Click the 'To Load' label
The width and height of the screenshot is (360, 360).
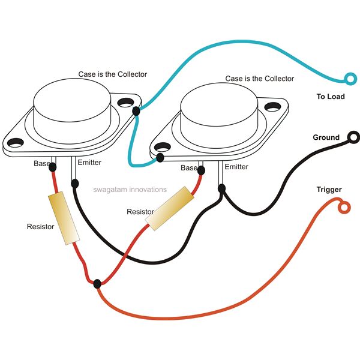point(330,96)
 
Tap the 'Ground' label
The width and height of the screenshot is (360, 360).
point(326,137)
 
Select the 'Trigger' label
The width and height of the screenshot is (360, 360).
point(329,190)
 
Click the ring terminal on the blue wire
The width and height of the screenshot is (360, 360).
point(347,77)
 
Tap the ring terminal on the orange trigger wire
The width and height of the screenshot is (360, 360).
point(344,208)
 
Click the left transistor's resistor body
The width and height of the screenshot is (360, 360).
point(64,218)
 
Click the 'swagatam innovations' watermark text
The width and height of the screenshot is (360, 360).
point(130,190)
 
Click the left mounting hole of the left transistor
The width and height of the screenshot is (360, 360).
point(16,143)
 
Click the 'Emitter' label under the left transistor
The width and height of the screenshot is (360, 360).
point(89,163)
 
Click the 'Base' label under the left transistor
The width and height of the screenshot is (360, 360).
point(41,163)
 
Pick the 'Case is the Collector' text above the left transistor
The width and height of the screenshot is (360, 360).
point(113,74)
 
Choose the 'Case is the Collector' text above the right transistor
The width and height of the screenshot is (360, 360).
point(260,79)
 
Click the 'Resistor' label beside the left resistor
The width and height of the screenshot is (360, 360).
point(40,227)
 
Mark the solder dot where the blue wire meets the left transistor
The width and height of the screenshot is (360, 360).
point(136,111)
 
